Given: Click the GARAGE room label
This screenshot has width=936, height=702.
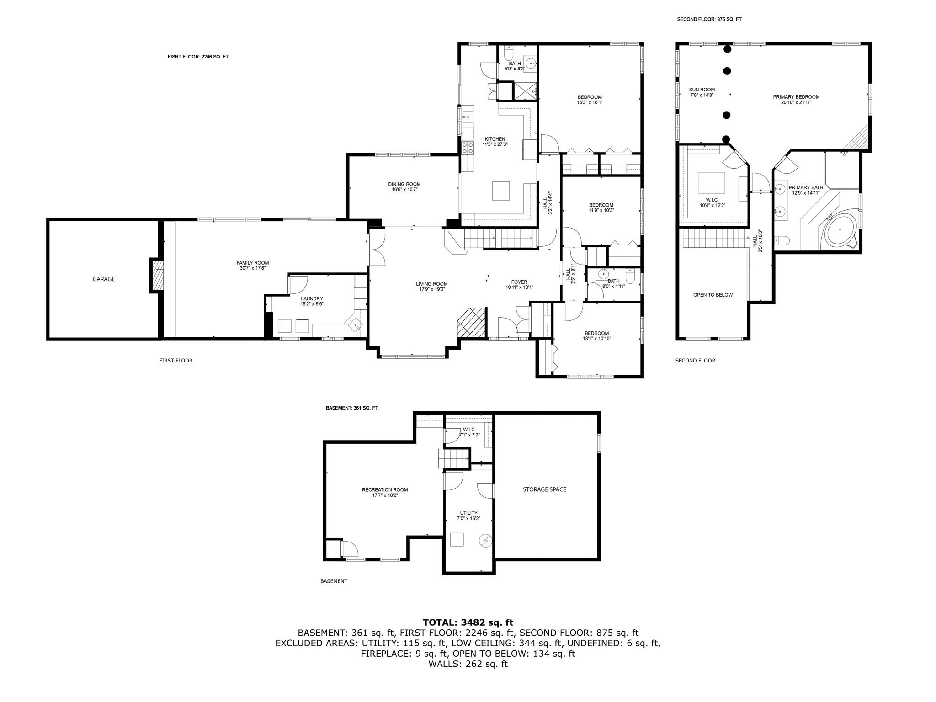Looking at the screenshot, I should point(104,279).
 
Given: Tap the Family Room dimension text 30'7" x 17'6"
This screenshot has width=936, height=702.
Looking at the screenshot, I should point(253,268).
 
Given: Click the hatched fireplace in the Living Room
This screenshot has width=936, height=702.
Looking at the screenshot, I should point(471,323).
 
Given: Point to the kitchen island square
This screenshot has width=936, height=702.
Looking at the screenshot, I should point(501,191).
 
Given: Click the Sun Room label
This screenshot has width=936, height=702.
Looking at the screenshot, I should point(702,90).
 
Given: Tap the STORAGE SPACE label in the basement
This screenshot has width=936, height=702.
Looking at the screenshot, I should point(544,489).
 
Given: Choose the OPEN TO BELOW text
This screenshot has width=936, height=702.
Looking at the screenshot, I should point(713,295).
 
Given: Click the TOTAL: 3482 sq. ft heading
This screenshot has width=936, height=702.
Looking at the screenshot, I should point(468,622).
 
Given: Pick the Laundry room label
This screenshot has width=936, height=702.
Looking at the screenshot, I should point(312,298).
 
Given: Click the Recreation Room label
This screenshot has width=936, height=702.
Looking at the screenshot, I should point(385,490).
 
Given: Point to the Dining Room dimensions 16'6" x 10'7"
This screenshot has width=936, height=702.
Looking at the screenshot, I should point(404,189).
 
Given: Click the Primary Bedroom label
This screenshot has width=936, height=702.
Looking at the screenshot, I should point(796,97).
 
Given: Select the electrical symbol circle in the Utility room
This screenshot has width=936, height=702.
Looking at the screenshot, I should point(485,541).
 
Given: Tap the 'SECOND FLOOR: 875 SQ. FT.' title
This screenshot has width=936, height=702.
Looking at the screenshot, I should point(709,20).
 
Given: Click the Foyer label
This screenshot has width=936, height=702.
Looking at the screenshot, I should point(519,282).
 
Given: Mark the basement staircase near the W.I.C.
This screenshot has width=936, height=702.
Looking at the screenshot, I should point(454,458).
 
